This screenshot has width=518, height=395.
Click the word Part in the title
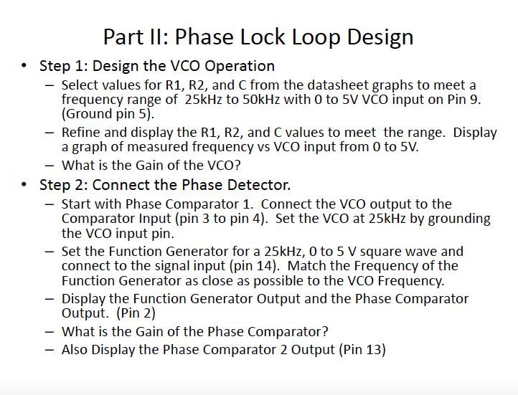123,37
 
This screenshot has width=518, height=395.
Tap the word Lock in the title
263,37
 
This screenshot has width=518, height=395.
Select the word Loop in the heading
316,38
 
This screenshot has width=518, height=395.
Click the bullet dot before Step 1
24,66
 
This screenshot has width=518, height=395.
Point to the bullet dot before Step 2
24,184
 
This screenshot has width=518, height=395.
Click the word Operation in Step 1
240,67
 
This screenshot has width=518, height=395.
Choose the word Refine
80,133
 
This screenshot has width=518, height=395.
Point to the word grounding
459,219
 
